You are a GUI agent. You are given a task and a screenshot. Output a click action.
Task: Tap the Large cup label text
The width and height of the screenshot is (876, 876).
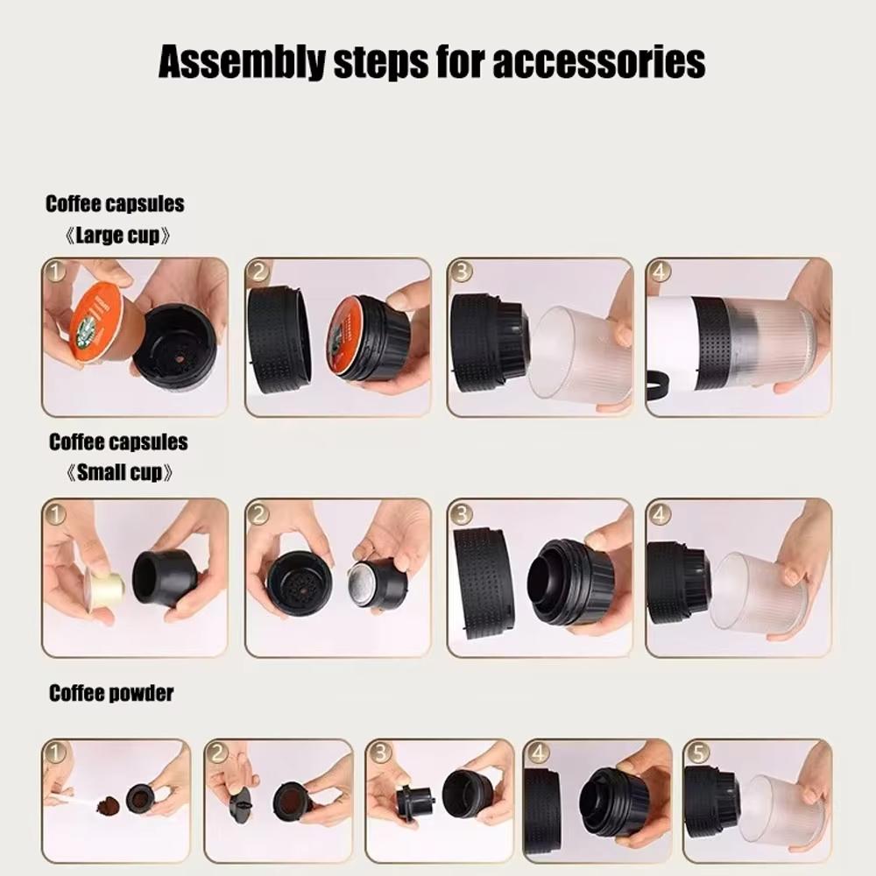(117, 237)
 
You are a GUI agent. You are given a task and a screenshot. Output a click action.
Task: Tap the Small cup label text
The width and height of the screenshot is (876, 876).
(119, 473)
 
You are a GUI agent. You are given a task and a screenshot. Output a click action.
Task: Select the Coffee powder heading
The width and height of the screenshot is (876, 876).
(111, 694)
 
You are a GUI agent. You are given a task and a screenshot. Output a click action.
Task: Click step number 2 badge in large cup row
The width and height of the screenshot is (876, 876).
(258, 272)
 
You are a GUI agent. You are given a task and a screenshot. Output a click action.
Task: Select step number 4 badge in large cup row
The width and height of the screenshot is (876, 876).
(659, 272)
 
